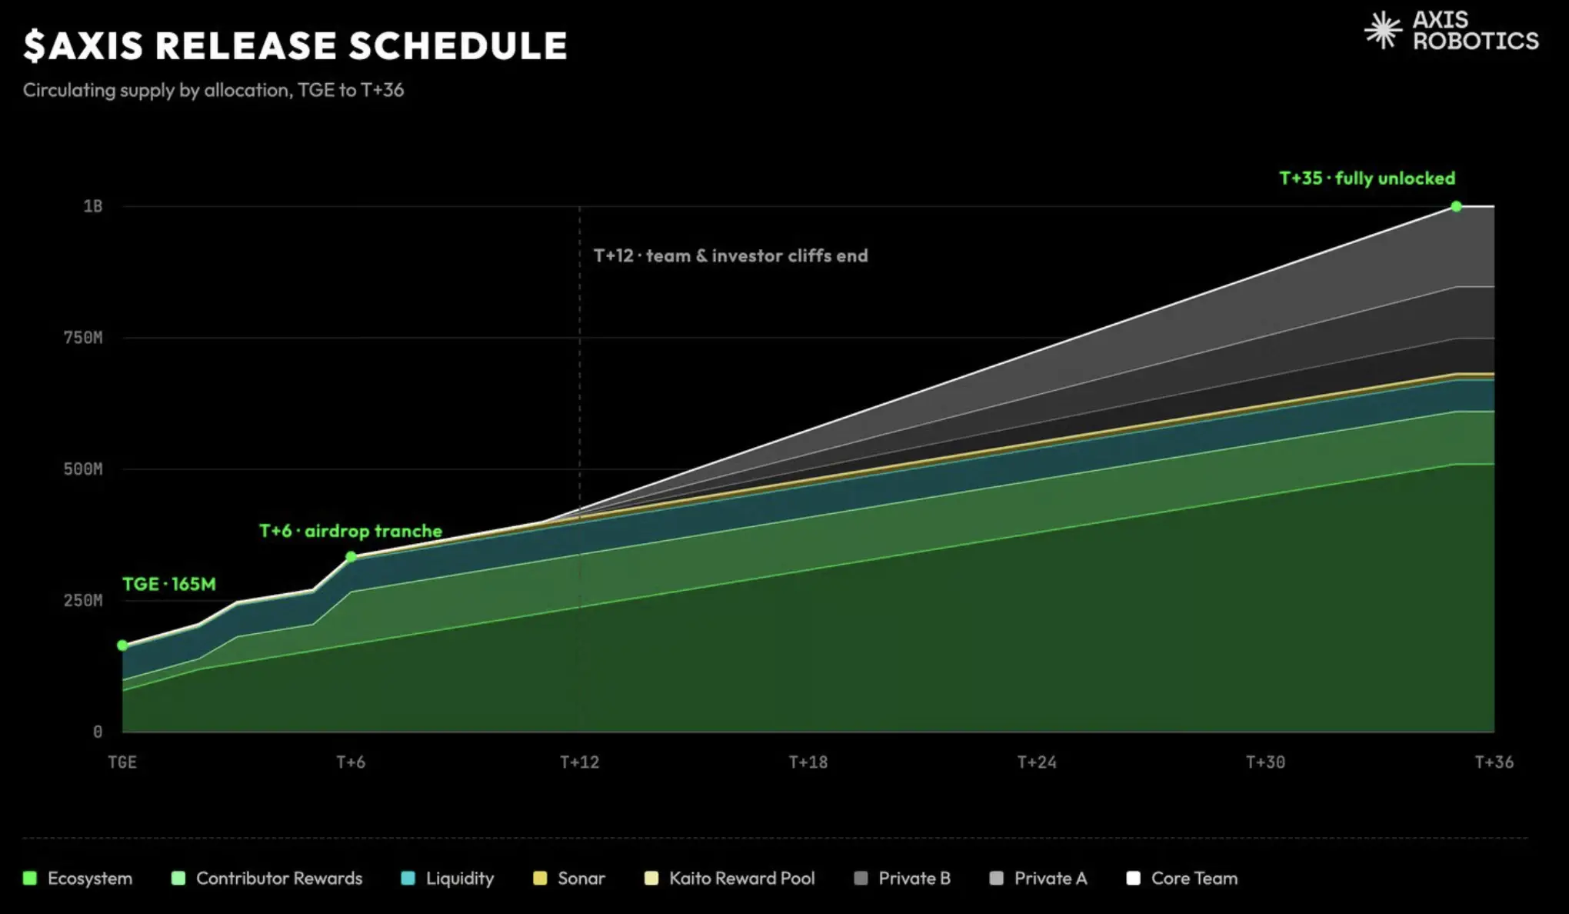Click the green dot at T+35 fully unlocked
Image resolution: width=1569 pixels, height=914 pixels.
click(x=1456, y=206)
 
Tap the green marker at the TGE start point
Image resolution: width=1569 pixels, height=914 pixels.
click(x=122, y=645)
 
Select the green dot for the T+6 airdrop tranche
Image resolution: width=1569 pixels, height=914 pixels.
click(x=351, y=556)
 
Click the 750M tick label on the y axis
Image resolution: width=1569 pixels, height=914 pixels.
click(x=83, y=338)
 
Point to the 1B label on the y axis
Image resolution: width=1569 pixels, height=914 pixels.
click(x=93, y=206)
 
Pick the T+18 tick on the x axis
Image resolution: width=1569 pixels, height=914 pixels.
click(x=808, y=762)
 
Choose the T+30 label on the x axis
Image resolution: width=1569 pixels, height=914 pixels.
click(x=1265, y=762)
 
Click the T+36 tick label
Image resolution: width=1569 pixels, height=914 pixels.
click(x=1494, y=762)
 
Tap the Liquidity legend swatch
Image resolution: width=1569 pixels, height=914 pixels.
click(x=408, y=878)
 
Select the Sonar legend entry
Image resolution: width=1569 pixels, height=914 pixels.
click(x=569, y=878)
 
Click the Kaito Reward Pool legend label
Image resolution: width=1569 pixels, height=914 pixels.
click(x=741, y=878)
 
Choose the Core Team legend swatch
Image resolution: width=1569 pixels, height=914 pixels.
click(x=1133, y=878)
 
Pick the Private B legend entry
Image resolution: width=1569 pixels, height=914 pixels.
click(x=902, y=878)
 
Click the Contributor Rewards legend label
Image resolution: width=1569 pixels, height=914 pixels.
click(x=279, y=878)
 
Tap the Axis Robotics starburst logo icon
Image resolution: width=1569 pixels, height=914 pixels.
click(x=1383, y=30)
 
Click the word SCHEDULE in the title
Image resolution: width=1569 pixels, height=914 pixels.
click(x=458, y=45)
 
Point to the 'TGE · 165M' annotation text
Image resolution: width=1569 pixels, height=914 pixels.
click(x=169, y=584)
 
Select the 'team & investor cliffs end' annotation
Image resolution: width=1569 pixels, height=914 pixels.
click(x=757, y=255)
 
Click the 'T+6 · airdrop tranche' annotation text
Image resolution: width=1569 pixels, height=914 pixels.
click(x=351, y=531)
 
